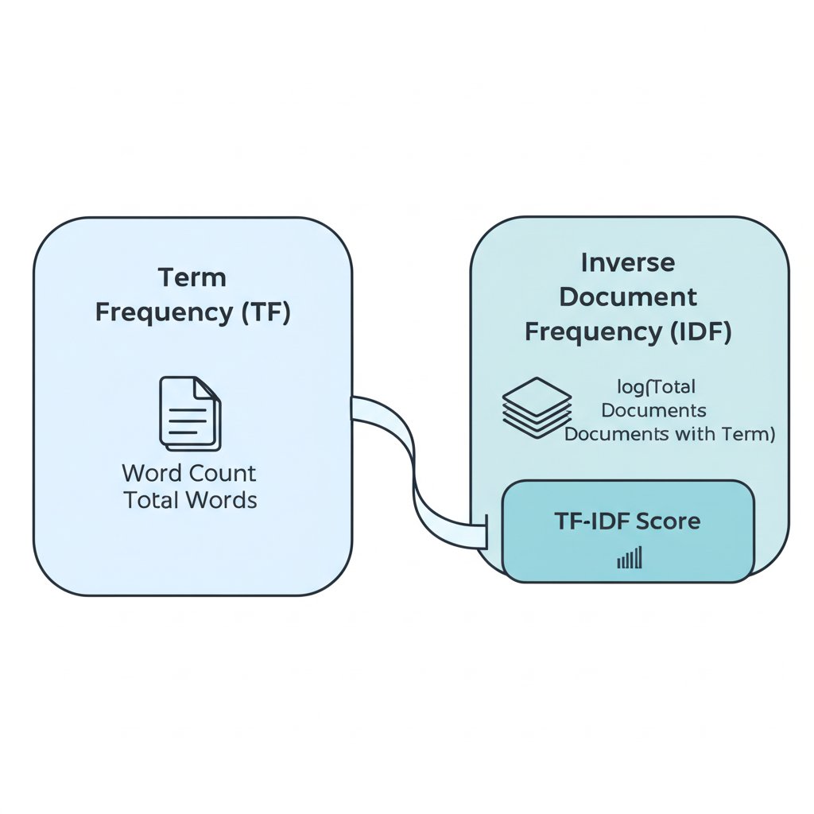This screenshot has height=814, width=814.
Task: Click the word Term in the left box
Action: (x=192, y=278)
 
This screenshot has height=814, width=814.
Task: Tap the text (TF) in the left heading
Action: (x=266, y=312)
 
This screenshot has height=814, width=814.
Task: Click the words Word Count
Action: (x=189, y=474)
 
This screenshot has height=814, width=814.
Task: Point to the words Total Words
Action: (x=190, y=501)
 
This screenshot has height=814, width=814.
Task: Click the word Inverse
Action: (x=628, y=262)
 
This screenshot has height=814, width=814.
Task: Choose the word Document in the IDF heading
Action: (x=628, y=297)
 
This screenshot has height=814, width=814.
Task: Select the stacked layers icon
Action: (x=537, y=407)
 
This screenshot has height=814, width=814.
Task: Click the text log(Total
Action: (x=657, y=387)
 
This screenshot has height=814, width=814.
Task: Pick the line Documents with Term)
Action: (x=669, y=435)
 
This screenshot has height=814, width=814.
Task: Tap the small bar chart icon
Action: (x=629, y=559)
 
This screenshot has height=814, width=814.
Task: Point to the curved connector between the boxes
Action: (x=413, y=469)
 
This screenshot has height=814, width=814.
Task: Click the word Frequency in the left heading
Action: (x=164, y=312)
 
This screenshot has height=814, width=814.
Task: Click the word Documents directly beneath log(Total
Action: (x=654, y=411)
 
